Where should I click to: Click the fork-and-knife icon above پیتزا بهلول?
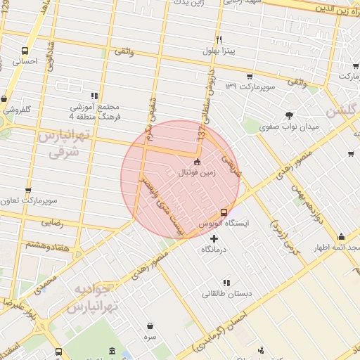[x=219, y=39]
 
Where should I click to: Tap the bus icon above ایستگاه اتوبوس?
[x=224, y=212]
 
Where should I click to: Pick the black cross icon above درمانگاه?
[x=214, y=239]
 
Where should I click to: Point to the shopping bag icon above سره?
[x=150, y=326]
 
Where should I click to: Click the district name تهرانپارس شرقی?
[x=64, y=143]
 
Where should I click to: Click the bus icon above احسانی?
[x=25, y=51]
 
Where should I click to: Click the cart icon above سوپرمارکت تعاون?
[x=28, y=190]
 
